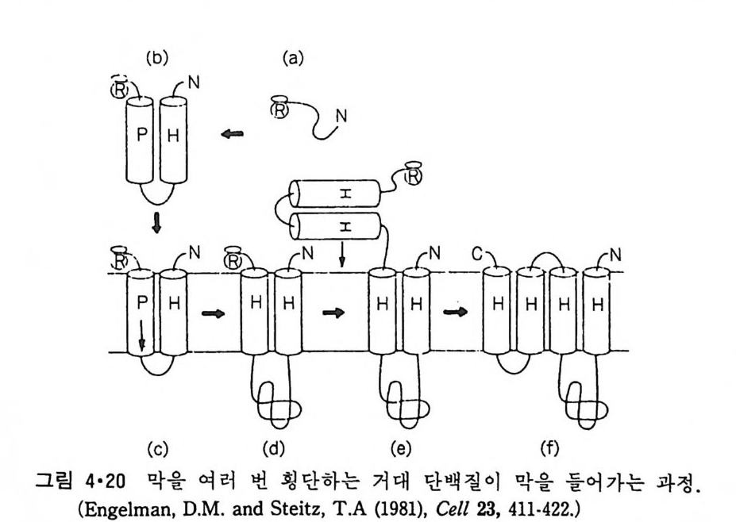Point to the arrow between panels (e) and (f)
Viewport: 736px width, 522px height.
click(x=455, y=312)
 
